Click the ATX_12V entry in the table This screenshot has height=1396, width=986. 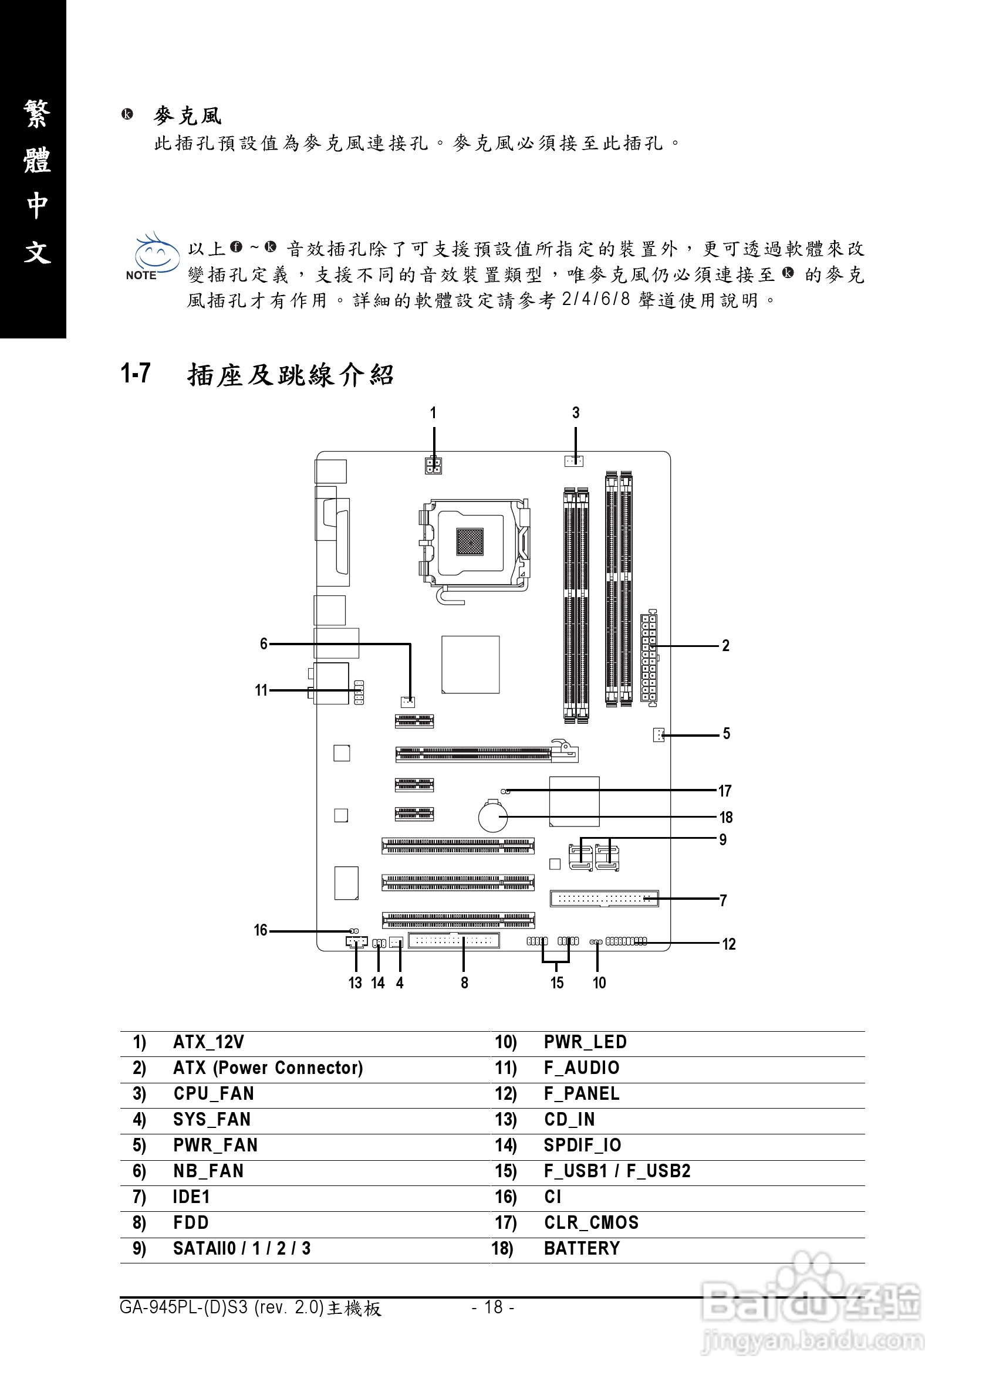(208, 1042)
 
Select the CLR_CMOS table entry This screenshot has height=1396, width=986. (590, 1223)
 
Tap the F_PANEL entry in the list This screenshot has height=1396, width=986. (581, 1094)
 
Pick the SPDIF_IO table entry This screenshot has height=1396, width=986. (582, 1146)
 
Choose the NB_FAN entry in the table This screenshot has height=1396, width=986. (208, 1171)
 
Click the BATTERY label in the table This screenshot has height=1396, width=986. (582, 1248)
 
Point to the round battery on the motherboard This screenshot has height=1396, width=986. (492, 816)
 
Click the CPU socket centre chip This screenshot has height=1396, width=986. (470, 541)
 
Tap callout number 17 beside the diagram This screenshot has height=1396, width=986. (724, 791)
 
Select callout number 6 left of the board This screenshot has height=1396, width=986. (264, 644)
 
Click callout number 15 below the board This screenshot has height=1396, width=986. (556, 983)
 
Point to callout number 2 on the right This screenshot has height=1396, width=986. (725, 646)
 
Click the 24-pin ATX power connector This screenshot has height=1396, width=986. (649, 659)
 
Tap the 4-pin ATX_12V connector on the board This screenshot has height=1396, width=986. (433, 466)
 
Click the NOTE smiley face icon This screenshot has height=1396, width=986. (156, 255)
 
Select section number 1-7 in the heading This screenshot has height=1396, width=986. (136, 373)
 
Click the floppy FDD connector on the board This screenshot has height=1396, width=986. (454, 941)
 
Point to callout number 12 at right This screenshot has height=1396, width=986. (729, 944)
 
